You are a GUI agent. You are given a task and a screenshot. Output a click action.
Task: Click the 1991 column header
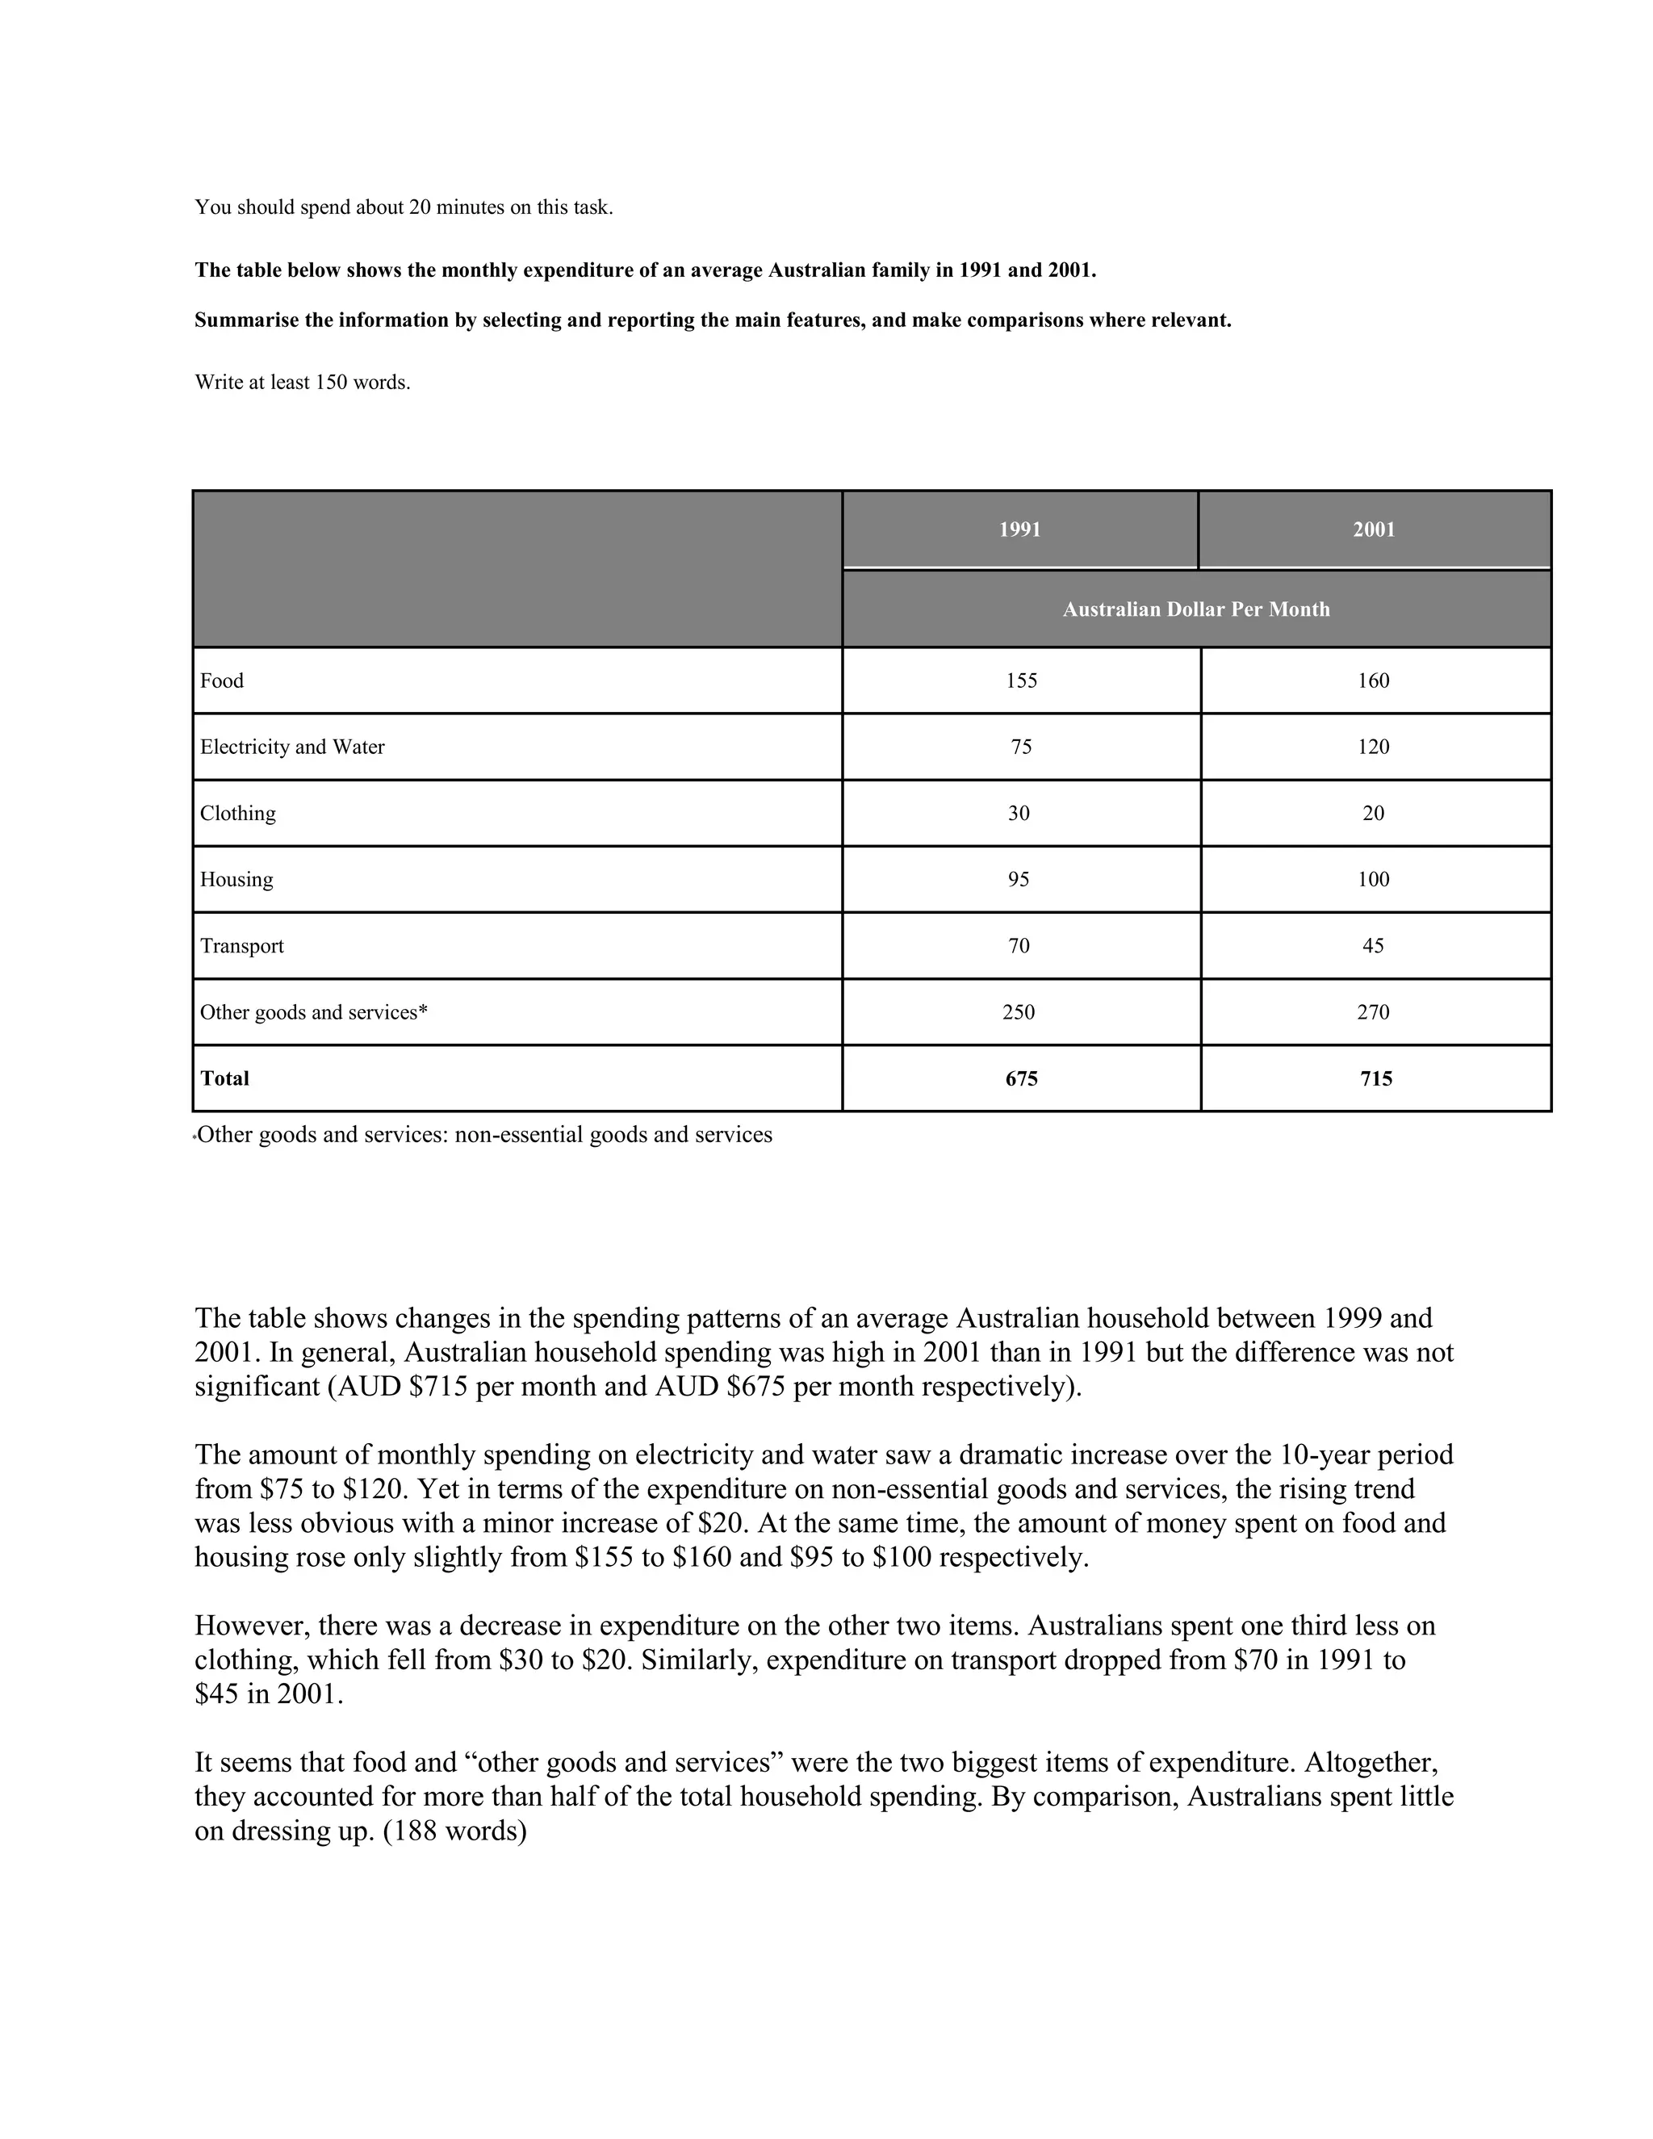click(x=1019, y=530)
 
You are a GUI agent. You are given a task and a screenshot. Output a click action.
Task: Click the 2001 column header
click(x=1373, y=530)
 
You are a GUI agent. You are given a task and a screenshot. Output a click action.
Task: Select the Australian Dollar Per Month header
click(x=1195, y=609)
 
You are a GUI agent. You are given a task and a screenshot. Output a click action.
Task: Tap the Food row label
click(x=222, y=680)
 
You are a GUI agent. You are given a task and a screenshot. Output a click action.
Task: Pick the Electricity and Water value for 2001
click(x=1373, y=747)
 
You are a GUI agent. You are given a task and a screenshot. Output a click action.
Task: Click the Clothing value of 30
click(x=1019, y=813)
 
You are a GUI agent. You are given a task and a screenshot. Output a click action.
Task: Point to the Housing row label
click(x=237, y=880)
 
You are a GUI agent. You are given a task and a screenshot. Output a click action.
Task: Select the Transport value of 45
click(x=1373, y=946)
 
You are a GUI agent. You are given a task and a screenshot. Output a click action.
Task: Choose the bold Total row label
click(x=225, y=1078)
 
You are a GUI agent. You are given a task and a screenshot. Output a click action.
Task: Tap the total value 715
click(x=1376, y=1078)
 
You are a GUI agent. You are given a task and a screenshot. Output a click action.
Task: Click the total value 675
click(x=1020, y=1078)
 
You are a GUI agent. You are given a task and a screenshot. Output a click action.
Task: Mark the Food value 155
click(x=1020, y=680)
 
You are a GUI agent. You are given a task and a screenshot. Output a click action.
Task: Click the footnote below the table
click(x=485, y=1135)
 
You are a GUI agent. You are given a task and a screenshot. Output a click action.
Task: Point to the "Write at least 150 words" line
click(x=303, y=383)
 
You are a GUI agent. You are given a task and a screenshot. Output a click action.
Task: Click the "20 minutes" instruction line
click(x=404, y=207)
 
